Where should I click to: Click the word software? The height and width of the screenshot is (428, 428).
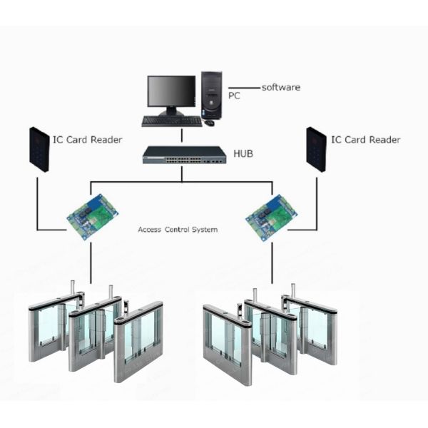pyautogui.click(x=281, y=87)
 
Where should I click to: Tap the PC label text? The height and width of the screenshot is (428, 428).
pyautogui.click(x=234, y=95)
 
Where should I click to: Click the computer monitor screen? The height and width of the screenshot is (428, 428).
pyautogui.click(x=171, y=91)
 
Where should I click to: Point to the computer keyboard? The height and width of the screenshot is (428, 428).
pyautogui.click(x=171, y=121)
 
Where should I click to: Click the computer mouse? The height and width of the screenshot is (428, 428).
pyautogui.click(x=209, y=123)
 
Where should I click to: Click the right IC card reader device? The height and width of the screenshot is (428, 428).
pyautogui.click(x=315, y=149)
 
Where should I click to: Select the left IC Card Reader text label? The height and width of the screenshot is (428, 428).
pyautogui.click(x=87, y=140)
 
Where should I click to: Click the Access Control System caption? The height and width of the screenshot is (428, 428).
pyautogui.click(x=178, y=230)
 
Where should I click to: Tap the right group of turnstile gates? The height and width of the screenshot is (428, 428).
pyautogui.click(x=270, y=335)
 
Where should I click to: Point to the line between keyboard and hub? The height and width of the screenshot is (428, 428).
pyautogui.click(x=182, y=137)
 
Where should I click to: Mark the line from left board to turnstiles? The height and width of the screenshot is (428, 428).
pyautogui.click(x=91, y=264)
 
